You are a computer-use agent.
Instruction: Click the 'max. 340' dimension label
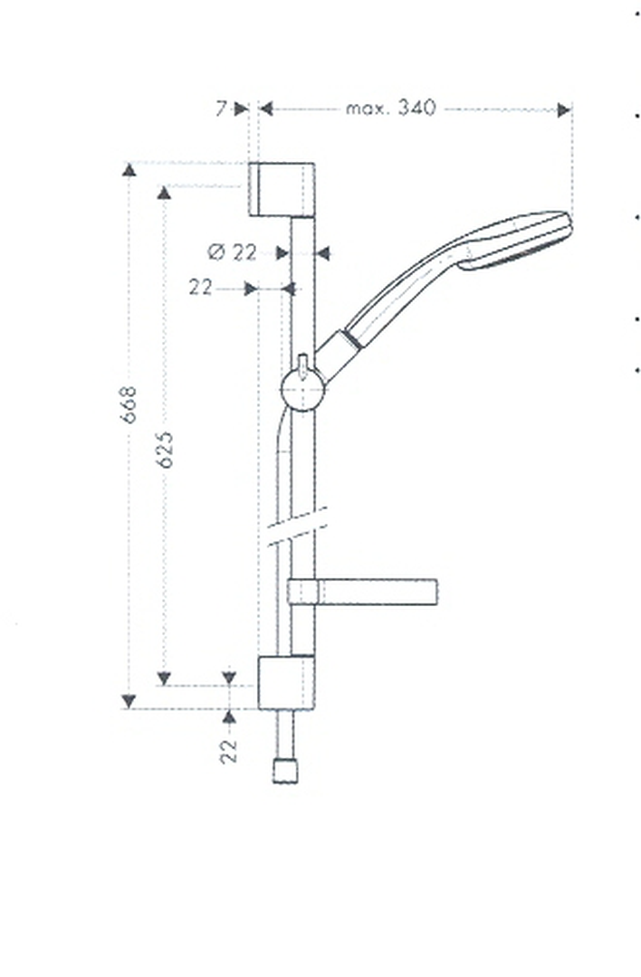click(391, 109)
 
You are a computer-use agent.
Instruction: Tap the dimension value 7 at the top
click(222, 109)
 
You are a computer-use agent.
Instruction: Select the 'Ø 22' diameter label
click(232, 252)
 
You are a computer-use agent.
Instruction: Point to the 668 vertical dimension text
click(129, 404)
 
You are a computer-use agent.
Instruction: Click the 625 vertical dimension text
click(165, 450)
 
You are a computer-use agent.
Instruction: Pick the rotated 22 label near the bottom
click(229, 751)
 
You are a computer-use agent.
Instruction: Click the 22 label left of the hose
click(201, 288)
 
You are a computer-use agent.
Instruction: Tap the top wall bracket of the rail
click(282, 189)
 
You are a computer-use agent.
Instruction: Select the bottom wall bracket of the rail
click(286, 682)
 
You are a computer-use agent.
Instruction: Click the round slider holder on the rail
click(302, 390)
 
